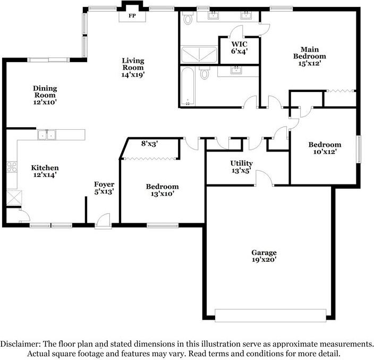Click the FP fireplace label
132,16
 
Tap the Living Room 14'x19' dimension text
133,75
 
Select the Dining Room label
45,91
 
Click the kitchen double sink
47,135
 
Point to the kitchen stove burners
12,167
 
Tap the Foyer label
104,185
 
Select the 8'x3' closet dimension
150,144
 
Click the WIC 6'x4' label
239,47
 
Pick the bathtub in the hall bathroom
188,86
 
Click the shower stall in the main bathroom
199,55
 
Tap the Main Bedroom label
309,53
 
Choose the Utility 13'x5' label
241,166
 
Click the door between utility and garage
264,178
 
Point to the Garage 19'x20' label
264,256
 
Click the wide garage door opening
270,315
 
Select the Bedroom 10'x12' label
325,148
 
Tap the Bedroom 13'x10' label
162,190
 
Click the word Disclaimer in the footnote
20,344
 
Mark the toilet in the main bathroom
188,18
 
